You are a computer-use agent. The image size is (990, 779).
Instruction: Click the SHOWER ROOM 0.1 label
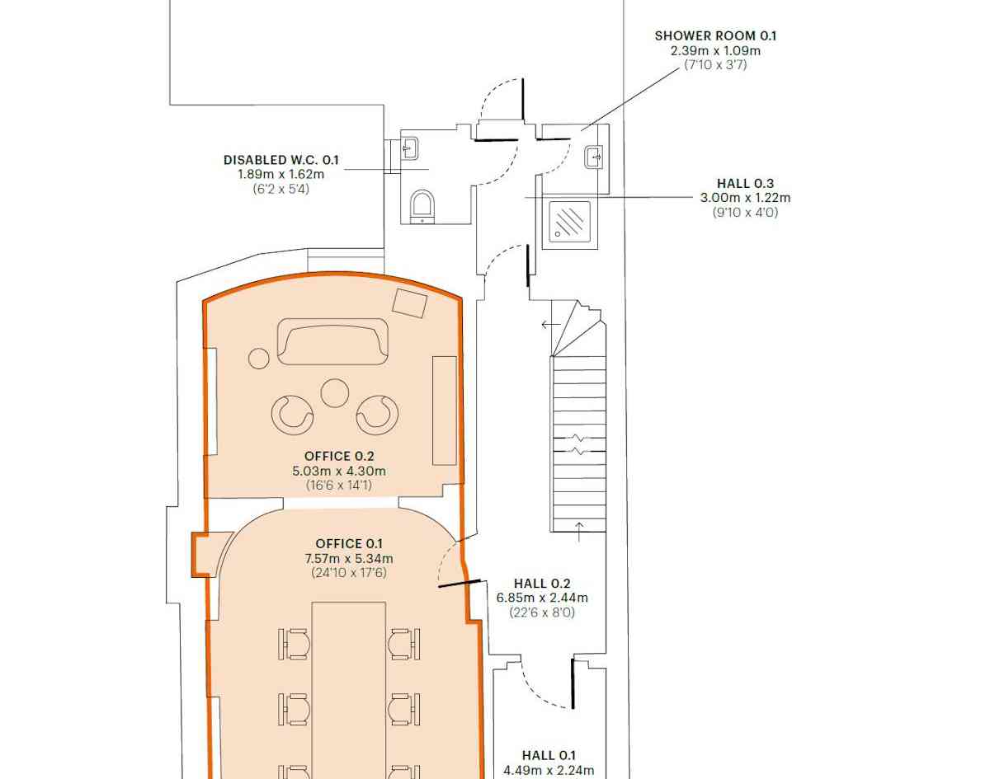click(x=715, y=36)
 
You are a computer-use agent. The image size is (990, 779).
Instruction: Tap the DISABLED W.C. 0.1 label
click(x=281, y=160)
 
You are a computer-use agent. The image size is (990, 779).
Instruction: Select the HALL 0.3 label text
click(x=745, y=184)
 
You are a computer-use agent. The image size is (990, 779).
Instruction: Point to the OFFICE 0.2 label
click(x=339, y=456)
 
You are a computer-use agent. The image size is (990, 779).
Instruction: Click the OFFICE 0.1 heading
click(x=349, y=543)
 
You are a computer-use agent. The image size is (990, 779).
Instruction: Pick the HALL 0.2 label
click(x=542, y=584)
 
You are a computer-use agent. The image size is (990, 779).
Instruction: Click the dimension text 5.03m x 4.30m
click(x=339, y=471)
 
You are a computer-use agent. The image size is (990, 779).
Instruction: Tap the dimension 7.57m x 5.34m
click(x=349, y=559)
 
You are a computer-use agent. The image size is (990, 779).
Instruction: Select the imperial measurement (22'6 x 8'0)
click(x=542, y=612)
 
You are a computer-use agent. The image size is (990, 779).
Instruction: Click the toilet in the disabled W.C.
click(x=422, y=206)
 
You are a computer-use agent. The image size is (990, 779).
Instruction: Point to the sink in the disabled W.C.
click(x=409, y=148)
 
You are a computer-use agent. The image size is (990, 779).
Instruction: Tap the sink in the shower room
click(x=594, y=157)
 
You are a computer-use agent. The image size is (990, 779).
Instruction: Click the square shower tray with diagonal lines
click(x=569, y=222)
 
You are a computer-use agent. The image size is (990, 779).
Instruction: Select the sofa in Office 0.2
click(x=332, y=341)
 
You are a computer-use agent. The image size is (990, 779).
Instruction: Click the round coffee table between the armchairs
click(x=334, y=392)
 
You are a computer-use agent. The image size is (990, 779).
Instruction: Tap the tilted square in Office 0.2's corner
click(x=409, y=303)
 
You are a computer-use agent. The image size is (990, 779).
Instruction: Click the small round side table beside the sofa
click(x=258, y=359)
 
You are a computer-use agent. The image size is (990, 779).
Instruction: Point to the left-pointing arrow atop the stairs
click(x=550, y=325)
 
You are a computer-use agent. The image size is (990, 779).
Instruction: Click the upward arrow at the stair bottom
click(x=578, y=532)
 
